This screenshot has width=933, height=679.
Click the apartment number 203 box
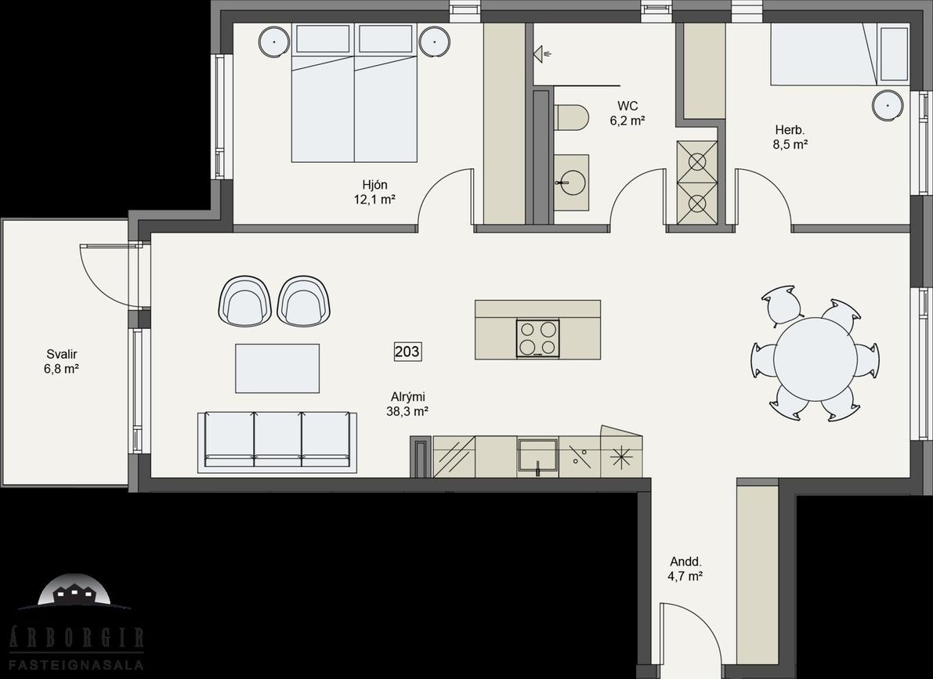(407, 352)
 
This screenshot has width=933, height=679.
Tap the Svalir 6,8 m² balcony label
(61, 362)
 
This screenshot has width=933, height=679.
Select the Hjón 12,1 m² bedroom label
(375, 192)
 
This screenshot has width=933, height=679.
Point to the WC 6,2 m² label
(627, 113)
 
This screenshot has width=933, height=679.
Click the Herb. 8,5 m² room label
(790, 137)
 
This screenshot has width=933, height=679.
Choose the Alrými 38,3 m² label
(407, 403)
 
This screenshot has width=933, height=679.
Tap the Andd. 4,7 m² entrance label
(686, 569)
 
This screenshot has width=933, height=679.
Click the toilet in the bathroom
(570, 117)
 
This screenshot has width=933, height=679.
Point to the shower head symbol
(543, 54)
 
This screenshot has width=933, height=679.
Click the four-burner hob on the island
(538, 338)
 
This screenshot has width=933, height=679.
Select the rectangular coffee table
(277, 368)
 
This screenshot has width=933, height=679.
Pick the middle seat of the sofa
(278, 439)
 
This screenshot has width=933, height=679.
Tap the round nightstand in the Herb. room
(888, 106)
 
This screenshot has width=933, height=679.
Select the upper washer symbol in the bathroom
(696, 161)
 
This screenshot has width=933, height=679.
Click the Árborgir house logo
(75, 591)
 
